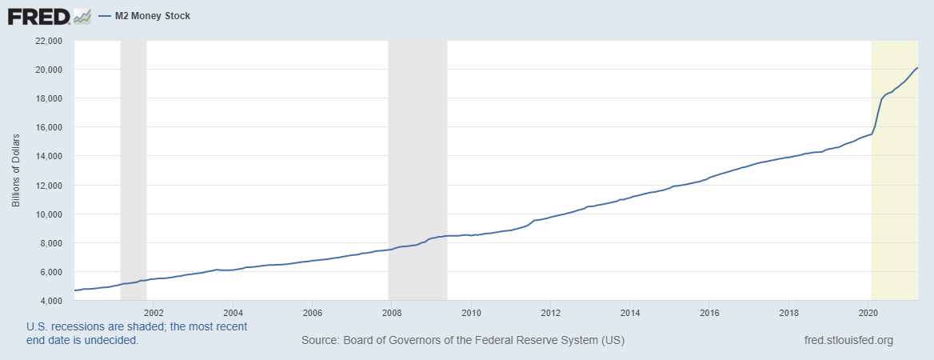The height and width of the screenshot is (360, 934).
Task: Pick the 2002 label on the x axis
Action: click(x=154, y=313)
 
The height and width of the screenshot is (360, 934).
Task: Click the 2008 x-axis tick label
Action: click(x=392, y=313)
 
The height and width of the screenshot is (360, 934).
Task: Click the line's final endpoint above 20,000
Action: click(x=917, y=68)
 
